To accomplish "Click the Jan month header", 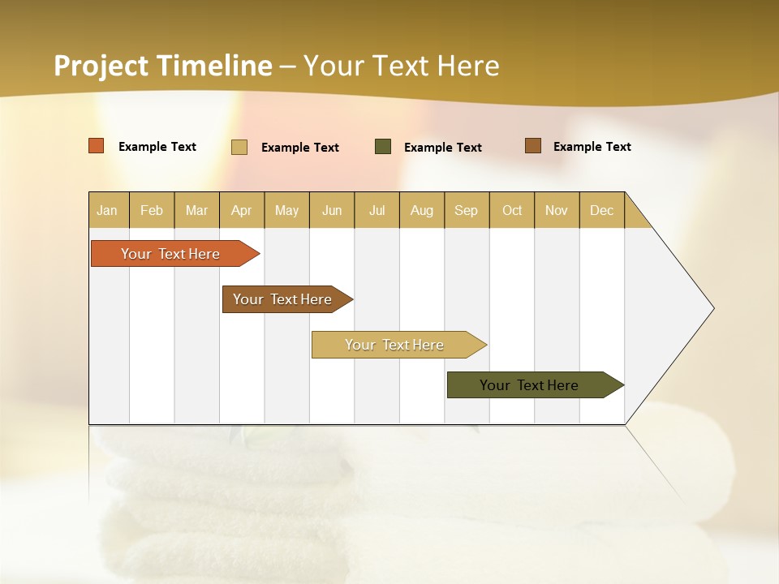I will click(108, 210).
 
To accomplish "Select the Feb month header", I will click(152, 210).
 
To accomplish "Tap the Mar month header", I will click(196, 210).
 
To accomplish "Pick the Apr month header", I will click(242, 210).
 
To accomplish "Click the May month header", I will click(286, 210).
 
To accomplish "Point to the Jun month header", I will click(332, 210).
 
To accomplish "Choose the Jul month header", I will click(377, 210).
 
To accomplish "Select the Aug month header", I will click(422, 210).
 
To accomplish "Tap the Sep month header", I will click(467, 210).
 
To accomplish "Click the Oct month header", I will click(512, 210).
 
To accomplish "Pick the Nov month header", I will click(557, 210).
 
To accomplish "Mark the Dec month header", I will click(602, 210).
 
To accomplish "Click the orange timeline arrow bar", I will click(171, 254).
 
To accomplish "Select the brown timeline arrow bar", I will click(283, 299).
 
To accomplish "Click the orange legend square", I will click(97, 146).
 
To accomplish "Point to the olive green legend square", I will click(383, 146).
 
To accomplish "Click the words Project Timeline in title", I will click(163, 66).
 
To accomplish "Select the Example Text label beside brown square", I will click(592, 147).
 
